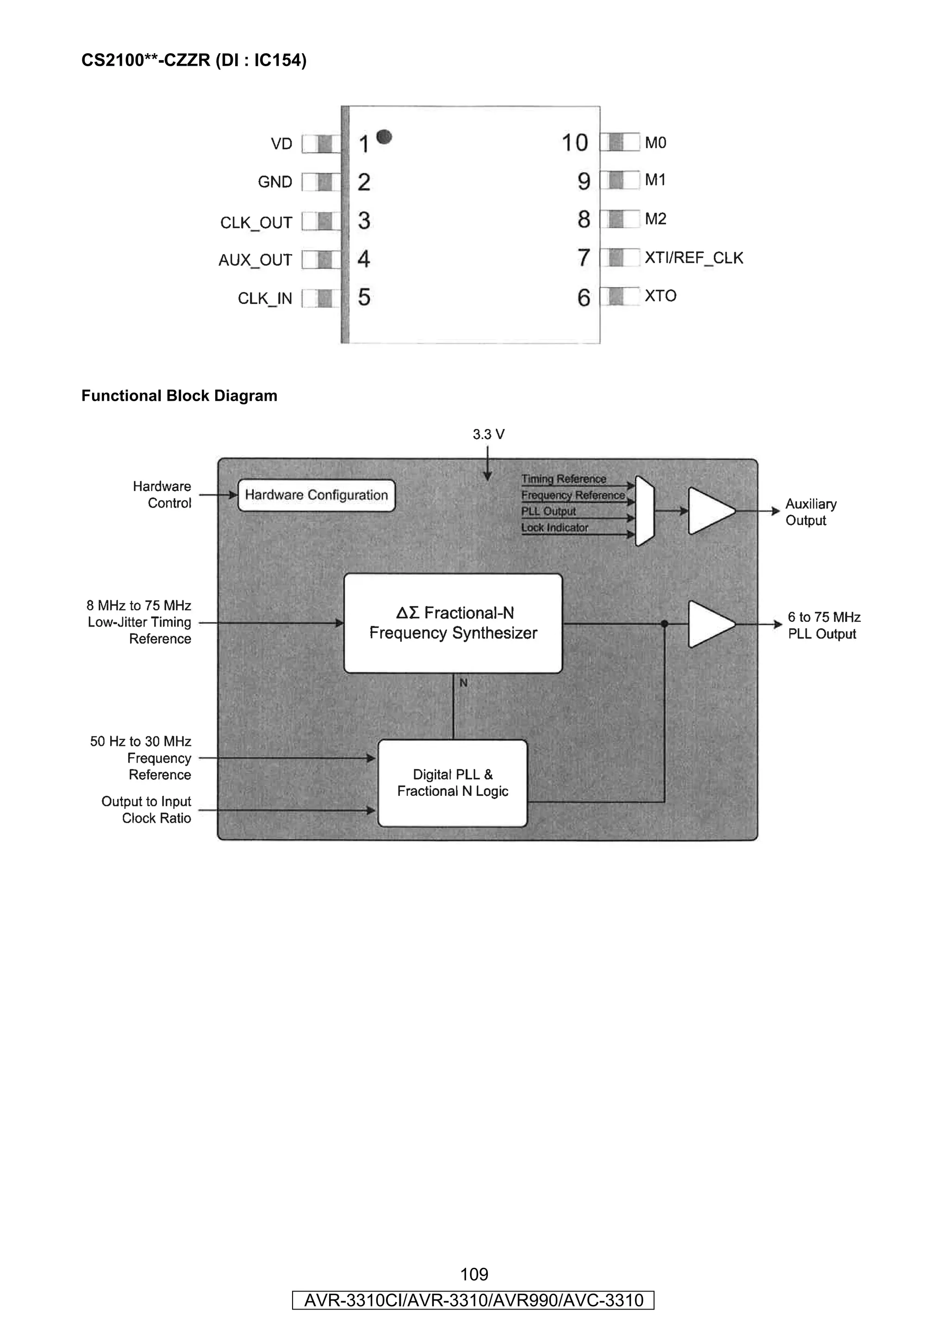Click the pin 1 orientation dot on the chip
coord(384,137)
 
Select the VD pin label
coord(281,143)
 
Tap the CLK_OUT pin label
coord(256,223)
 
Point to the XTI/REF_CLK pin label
coord(694,258)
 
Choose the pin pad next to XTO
coord(620,296)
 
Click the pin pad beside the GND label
coord(321,182)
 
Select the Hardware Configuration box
coord(316,495)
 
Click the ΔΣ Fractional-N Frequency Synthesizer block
coord(453,623)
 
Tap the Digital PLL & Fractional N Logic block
coord(452,782)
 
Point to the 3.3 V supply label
coord(488,435)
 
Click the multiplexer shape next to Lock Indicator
coord(645,511)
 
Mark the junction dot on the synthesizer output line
coord(664,624)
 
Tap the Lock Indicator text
coord(555,528)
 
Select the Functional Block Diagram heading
coord(179,396)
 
